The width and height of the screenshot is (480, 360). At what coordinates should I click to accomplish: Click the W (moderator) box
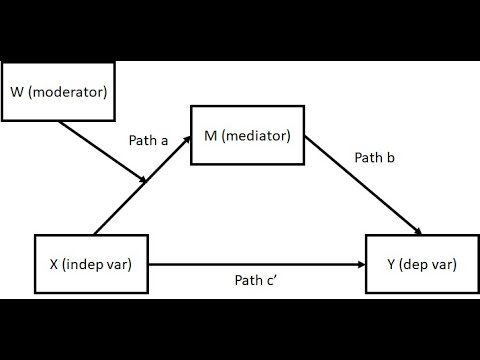[58, 93]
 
